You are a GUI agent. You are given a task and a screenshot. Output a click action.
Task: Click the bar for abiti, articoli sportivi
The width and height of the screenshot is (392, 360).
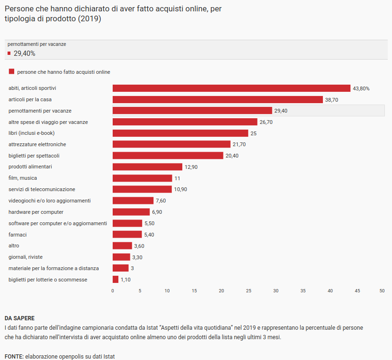231,88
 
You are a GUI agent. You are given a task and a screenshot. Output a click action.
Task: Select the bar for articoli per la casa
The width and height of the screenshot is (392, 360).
217,100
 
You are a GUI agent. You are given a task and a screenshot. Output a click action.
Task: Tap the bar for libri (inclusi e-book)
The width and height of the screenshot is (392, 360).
180,133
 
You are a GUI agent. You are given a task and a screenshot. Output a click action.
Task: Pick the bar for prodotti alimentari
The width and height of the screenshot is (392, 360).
147,167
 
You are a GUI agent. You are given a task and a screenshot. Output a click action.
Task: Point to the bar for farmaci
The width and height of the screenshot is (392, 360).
127,235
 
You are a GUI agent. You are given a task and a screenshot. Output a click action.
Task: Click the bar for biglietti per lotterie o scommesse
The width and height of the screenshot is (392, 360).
116,280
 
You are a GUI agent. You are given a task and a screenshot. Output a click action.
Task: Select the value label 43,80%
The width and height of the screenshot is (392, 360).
361,88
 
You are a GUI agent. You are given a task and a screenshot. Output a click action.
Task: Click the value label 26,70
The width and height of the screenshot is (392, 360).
266,122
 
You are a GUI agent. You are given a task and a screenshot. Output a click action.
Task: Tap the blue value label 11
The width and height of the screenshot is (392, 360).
178,178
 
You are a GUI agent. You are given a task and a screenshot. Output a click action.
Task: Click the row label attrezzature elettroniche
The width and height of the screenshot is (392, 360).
37,144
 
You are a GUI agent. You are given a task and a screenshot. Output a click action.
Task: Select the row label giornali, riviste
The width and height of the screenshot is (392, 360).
26,257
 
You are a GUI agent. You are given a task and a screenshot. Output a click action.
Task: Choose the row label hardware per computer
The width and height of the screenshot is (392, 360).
36,212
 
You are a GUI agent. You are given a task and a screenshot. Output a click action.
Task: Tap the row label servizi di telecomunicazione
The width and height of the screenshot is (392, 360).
42,189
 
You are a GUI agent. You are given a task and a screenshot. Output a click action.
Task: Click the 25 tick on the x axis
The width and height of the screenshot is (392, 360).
249,290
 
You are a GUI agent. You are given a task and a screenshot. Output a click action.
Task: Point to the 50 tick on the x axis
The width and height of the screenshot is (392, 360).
382,290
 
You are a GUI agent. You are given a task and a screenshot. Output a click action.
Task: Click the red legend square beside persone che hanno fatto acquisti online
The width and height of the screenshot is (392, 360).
11,72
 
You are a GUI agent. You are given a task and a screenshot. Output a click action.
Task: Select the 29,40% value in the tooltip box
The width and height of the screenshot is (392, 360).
24,53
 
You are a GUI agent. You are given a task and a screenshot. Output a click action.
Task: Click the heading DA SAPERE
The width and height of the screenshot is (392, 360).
19,318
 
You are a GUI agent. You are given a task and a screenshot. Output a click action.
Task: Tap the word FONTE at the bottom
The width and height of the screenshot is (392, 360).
14,356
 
